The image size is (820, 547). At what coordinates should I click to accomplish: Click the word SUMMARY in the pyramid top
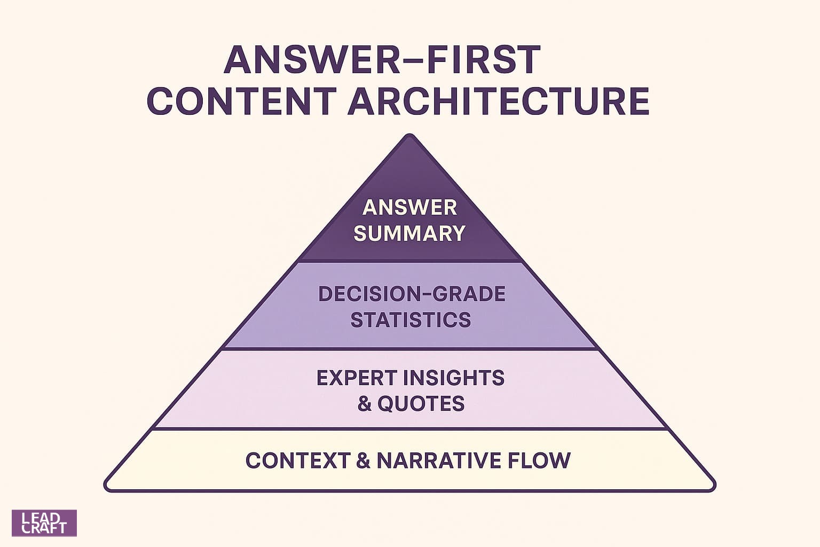point(409,233)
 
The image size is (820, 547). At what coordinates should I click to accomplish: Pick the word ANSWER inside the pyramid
point(409,207)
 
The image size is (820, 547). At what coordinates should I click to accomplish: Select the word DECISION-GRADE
point(412,294)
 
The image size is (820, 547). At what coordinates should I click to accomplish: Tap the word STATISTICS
point(411,319)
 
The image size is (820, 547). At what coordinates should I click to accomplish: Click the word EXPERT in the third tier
point(357,378)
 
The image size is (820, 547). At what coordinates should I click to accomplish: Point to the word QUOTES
point(421,404)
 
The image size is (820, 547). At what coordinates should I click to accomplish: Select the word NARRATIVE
point(438,460)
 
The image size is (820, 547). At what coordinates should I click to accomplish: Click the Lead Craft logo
point(44,523)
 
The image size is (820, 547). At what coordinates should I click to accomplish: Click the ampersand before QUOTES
point(365,404)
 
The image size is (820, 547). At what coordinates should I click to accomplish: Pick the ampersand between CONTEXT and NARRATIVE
point(362,460)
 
